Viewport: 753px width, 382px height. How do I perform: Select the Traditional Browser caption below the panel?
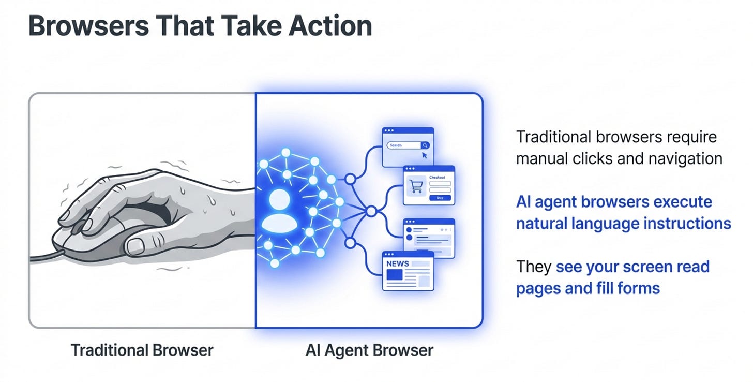142,350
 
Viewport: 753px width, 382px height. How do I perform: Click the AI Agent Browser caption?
369,350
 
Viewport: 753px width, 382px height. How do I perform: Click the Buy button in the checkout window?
440,198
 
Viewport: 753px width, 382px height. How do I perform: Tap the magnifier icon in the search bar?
425,145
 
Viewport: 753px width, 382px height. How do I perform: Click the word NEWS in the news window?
397,263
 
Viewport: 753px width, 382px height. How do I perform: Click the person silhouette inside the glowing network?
279,210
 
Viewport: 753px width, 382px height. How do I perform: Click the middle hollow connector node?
371,211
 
